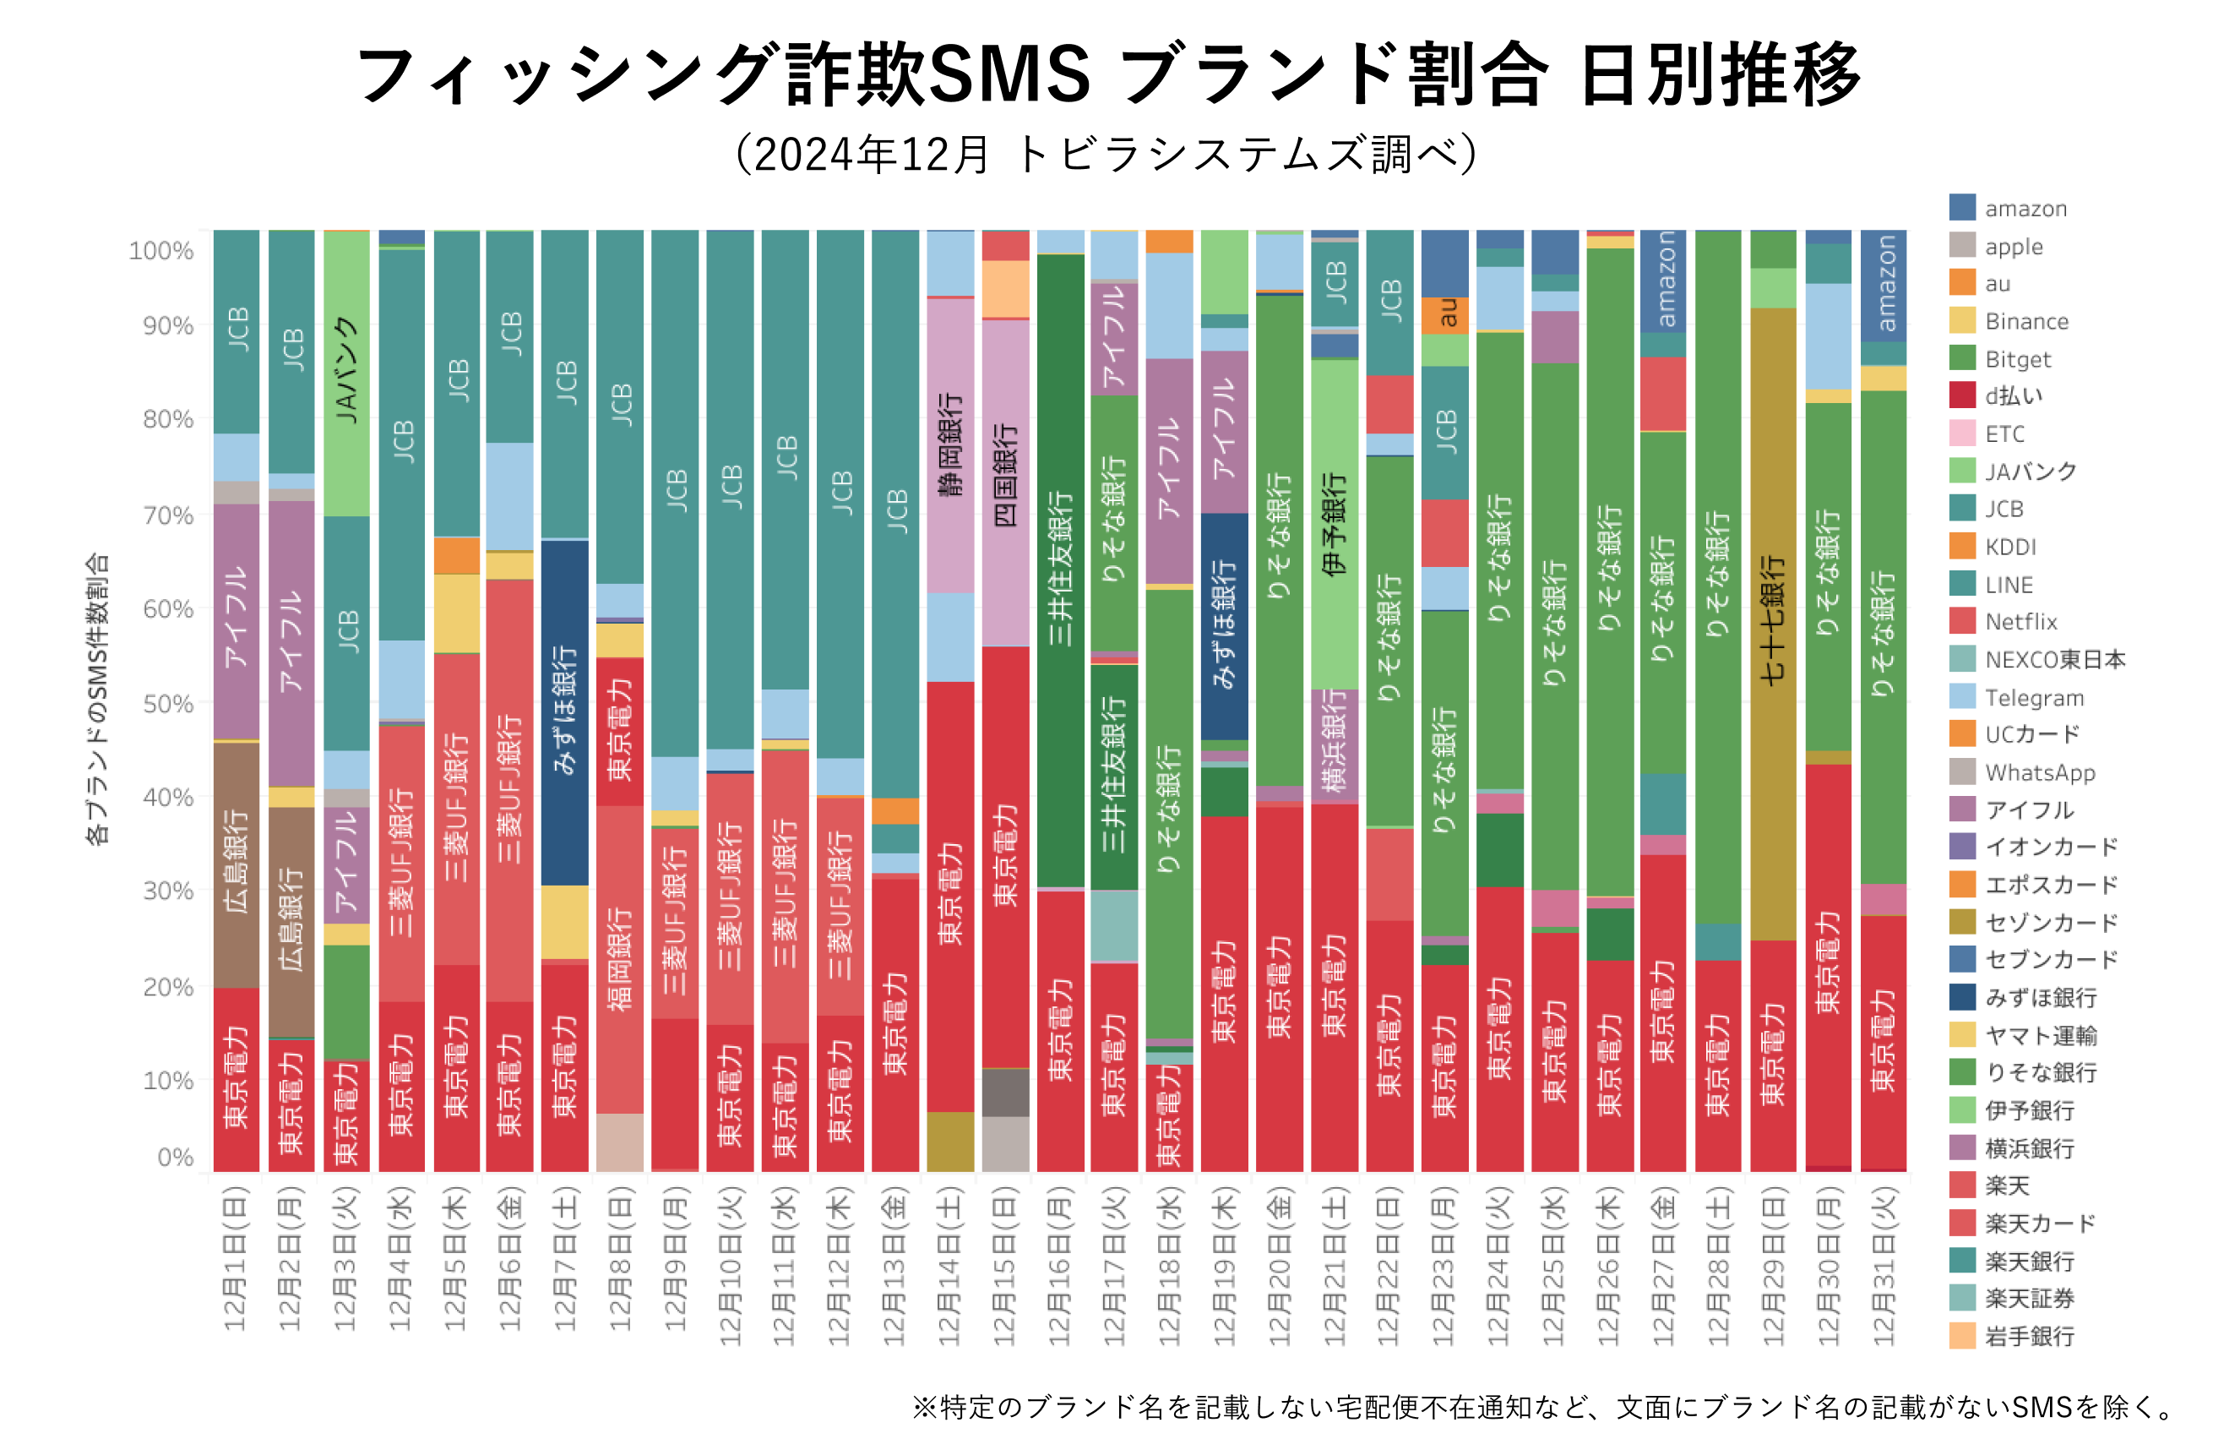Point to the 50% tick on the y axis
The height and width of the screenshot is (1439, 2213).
[x=168, y=704]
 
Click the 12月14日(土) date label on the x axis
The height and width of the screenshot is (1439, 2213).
[x=949, y=1265]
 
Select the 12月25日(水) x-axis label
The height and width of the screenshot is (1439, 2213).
[x=1554, y=1265]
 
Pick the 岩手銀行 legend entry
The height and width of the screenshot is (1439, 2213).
[x=2028, y=1336]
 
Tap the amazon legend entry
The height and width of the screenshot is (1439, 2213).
[x=2025, y=209]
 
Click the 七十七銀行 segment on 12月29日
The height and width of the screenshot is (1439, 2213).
[x=1772, y=624]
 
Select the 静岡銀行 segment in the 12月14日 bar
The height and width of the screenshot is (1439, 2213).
[x=949, y=444]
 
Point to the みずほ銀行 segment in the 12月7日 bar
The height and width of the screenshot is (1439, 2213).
[x=564, y=711]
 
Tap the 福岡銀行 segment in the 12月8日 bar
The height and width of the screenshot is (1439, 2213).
[x=619, y=958]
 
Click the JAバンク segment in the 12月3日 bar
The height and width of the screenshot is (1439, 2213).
[x=346, y=372]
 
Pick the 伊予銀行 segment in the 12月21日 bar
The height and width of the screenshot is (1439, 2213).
[x=1335, y=524]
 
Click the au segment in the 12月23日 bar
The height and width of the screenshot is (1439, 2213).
[x=1444, y=314]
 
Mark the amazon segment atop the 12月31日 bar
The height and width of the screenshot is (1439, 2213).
[x=1883, y=285]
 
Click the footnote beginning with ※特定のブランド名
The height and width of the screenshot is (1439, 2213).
[x=1543, y=1406]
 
